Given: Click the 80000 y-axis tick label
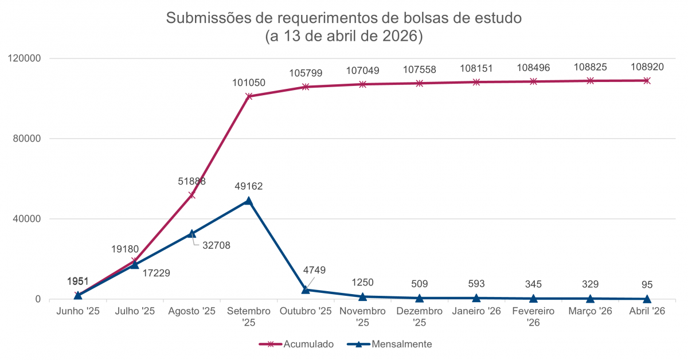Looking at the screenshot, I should [26, 139].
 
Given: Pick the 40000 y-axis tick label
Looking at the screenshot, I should [26, 219].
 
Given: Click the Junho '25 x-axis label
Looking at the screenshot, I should [78, 311].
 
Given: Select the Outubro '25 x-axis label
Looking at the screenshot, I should [306, 311].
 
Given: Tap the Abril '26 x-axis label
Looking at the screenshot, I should [647, 311].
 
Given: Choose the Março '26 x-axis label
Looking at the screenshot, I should [590, 311].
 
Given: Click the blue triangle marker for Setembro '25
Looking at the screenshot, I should [248, 201].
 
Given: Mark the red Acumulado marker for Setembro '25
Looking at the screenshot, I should [248, 96].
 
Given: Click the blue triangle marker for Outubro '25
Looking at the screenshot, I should [306, 289].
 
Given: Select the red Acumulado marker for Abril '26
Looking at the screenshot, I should [647, 81].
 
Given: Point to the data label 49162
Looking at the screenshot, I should [249, 186].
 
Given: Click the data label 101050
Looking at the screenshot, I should [249, 83].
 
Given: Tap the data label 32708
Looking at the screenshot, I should [216, 245].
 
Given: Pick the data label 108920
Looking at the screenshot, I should [647, 66].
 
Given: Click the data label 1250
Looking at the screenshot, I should [362, 282].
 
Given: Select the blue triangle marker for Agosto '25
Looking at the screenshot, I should [191, 233].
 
